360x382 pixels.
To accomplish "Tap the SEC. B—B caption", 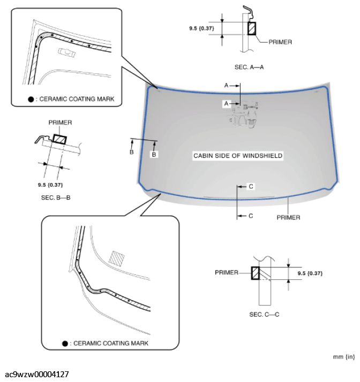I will coord(52,198).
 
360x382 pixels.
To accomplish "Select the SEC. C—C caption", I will coord(264,314).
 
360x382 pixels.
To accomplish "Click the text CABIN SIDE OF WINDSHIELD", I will coord(238,156).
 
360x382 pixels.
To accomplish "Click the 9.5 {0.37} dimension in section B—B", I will coord(51,185).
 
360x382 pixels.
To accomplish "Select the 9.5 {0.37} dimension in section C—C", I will coord(310,273).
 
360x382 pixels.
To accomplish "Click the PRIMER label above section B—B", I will coord(60,123).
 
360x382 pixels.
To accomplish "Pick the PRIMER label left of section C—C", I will coord(226,272).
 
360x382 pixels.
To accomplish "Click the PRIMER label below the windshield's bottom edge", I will coord(288,218).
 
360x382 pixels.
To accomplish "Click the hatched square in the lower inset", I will coord(116,257).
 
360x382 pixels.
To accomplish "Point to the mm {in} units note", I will coord(344,355).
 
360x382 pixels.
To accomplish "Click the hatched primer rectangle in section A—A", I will coord(251,28).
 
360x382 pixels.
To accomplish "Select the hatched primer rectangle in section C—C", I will coord(256,273).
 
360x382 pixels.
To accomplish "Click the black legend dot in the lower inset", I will coord(65,343).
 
